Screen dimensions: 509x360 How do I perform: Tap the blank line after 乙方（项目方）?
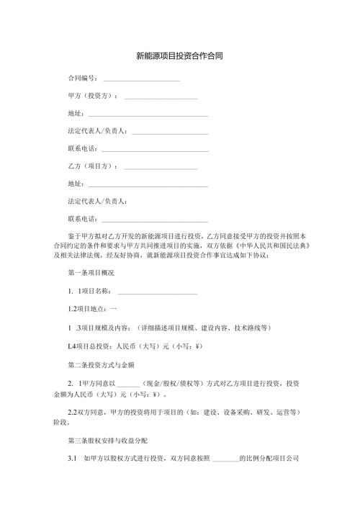[161, 167]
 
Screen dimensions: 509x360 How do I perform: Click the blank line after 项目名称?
[157, 292]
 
